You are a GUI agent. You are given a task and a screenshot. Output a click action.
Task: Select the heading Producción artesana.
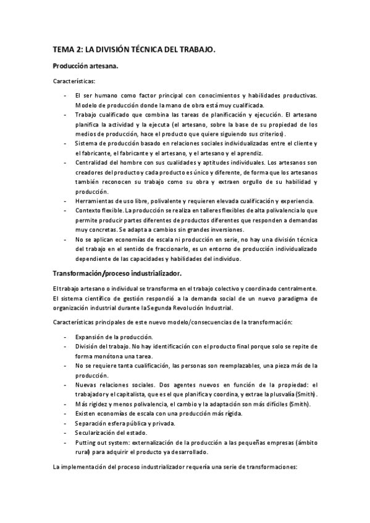pos(85,65)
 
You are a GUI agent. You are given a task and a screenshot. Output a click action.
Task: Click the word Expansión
pos(90,337)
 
